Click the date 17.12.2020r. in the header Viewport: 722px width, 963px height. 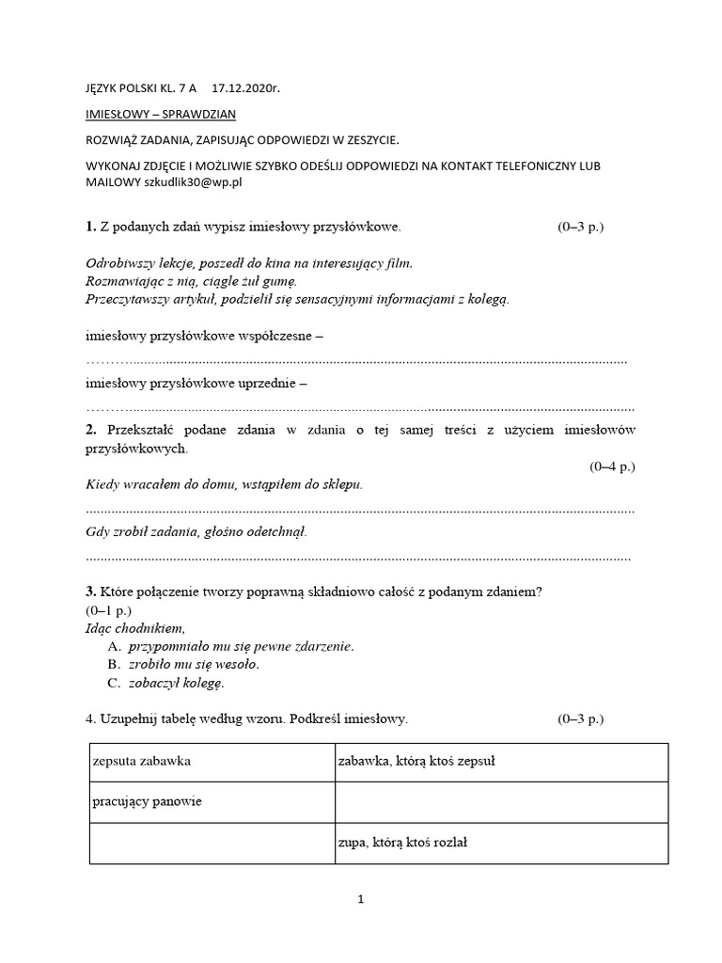(x=246, y=89)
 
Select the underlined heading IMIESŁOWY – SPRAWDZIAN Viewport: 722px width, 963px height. (x=161, y=115)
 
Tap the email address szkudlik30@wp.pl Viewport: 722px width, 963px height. (x=193, y=182)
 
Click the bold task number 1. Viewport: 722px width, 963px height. (x=90, y=227)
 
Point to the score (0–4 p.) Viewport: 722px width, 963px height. (x=612, y=466)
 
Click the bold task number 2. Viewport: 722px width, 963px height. (x=90, y=430)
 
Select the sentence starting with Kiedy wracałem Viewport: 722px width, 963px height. (x=224, y=484)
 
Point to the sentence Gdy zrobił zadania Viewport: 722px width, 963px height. (x=196, y=531)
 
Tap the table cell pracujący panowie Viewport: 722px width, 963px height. (x=149, y=802)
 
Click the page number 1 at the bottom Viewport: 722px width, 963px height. (x=360, y=899)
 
